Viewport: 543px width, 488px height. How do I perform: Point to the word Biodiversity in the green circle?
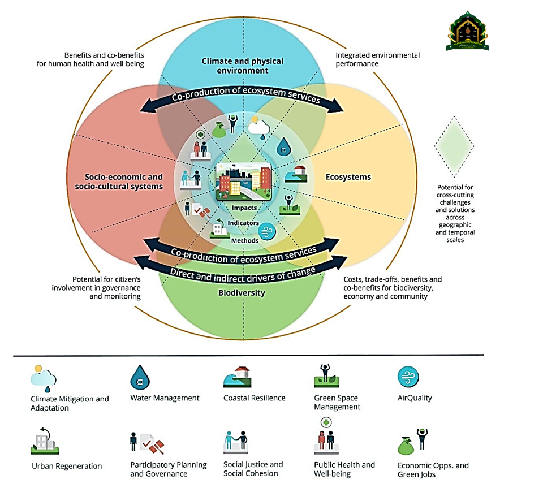click(242, 293)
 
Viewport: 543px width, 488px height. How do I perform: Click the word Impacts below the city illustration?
click(244, 208)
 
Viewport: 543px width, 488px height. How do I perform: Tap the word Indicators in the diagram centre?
click(243, 223)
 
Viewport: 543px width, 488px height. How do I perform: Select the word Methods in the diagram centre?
click(244, 240)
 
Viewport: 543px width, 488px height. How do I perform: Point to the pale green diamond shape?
click(454, 146)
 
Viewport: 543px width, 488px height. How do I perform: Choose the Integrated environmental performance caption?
click(377, 59)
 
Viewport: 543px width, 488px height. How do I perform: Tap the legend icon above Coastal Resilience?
click(237, 377)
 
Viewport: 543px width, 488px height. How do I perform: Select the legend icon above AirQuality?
click(408, 377)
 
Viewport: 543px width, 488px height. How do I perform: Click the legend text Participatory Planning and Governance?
click(169, 469)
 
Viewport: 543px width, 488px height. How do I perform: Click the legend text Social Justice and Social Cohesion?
click(253, 469)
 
